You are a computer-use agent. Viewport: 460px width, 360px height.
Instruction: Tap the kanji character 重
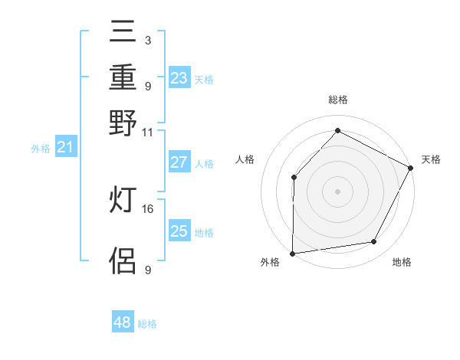pyautogui.click(x=123, y=80)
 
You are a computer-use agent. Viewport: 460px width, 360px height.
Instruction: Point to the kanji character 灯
pyautogui.click(x=123, y=199)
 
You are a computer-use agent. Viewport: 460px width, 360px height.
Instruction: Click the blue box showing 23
pyautogui.click(x=179, y=78)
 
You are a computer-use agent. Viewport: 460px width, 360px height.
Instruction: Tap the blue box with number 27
pyautogui.click(x=179, y=162)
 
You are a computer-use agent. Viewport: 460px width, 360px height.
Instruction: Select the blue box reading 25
pyautogui.click(x=179, y=231)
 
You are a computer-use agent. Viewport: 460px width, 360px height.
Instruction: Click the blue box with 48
pyautogui.click(x=123, y=322)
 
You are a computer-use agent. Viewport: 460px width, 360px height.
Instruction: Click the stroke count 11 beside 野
pyautogui.click(x=148, y=132)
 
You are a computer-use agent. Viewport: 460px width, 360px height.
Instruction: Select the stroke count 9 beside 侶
pyautogui.click(x=147, y=270)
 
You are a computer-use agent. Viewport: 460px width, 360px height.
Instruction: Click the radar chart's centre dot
pyautogui.click(x=337, y=191)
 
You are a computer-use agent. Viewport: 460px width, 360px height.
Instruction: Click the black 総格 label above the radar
pyautogui.click(x=337, y=100)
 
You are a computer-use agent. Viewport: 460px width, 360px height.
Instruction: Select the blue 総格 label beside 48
pyautogui.click(x=147, y=324)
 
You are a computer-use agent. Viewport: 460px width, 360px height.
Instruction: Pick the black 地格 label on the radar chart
pyautogui.click(x=402, y=263)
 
